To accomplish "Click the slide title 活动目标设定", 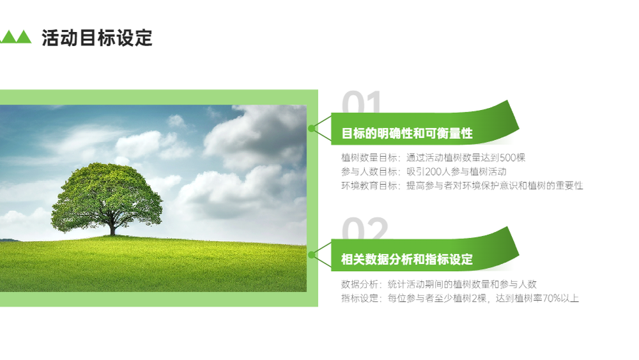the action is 97,38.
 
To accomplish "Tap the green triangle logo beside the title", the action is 15,36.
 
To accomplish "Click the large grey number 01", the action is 362,102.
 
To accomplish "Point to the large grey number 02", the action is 365,228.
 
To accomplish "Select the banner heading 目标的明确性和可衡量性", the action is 406,133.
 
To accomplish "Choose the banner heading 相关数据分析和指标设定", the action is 406,260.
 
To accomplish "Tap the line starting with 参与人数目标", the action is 424,171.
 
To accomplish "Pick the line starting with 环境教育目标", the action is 462,186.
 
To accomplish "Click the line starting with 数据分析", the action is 439,284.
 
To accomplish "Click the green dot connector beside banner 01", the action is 312,129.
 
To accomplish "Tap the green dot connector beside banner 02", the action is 312,254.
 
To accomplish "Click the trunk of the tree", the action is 112,228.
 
